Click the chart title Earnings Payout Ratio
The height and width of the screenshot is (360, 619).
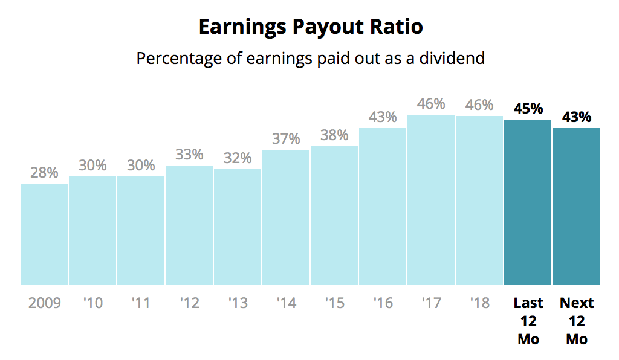coord(310,27)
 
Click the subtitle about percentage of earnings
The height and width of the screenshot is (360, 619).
coord(310,59)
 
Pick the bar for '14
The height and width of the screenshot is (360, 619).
coord(286,217)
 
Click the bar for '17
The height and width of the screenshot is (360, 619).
coord(431,199)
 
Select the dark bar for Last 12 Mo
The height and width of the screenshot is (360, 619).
coord(528,202)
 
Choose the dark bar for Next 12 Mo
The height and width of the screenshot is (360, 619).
coord(576,206)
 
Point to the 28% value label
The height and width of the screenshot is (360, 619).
coord(44,172)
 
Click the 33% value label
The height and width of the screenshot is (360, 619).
coord(189,155)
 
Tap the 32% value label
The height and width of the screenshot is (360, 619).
coord(238,158)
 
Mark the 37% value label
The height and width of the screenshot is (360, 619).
coord(286,139)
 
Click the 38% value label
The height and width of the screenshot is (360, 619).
coord(334,135)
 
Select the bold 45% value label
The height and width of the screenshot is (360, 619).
coord(528,109)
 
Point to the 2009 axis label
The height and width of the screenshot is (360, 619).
coord(44,303)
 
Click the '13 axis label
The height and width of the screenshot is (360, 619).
coord(238,303)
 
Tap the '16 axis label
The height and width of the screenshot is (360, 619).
coord(383,303)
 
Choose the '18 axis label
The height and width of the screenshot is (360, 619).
coord(479,303)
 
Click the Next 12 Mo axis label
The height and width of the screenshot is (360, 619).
coord(577,321)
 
